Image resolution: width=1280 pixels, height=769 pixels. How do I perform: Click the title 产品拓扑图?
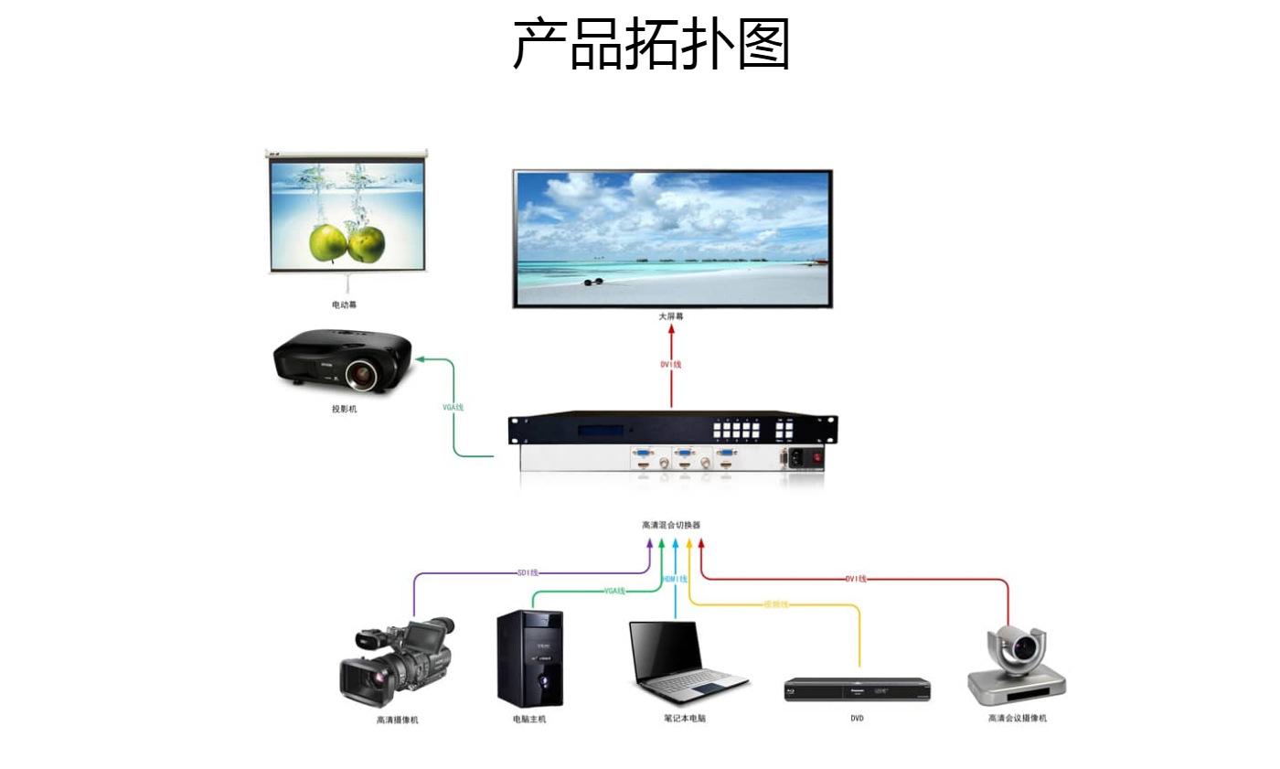(x=651, y=44)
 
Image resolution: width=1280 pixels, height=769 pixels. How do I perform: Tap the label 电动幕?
(x=344, y=304)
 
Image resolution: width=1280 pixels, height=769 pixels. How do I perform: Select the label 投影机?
(x=344, y=409)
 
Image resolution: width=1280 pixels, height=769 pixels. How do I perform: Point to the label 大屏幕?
(x=671, y=316)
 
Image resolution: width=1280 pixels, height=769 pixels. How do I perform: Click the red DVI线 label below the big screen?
(x=671, y=364)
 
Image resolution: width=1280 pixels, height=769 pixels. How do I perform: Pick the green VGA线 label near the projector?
(x=453, y=406)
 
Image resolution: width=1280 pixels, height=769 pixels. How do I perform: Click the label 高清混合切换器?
(x=671, y=525)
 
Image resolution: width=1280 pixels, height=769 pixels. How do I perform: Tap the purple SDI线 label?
(x=528, y=573)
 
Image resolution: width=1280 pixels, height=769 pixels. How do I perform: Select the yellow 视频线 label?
(x=775, y=604)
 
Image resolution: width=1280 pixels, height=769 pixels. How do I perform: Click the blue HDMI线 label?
(x=675, y=580)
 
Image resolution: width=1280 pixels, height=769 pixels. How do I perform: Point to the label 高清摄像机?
(x=397, y=720)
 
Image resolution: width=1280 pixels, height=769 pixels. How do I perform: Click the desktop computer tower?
(x=529, y=658)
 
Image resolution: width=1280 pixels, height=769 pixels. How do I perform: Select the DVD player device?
(x=857, y=689)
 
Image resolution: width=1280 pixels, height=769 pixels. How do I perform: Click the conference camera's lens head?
(x=1018, y=647)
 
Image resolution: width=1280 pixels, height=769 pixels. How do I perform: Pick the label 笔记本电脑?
(x=685, y=718)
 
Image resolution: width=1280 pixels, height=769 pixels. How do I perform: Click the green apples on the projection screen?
(x=347, y=242)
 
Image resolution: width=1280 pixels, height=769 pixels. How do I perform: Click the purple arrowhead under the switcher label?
(x=650, y=543)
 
